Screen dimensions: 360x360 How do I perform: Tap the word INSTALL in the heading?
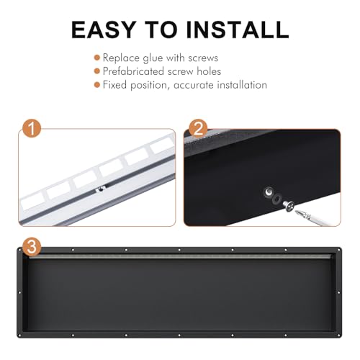pyautogui.click(x=238, y=30)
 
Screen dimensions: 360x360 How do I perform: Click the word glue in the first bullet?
pyautogui.click(x=153, y=58)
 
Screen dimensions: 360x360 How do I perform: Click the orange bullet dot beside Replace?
pyautogui.click(x=97, y=58)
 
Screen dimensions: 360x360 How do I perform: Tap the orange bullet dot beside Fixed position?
pyautogui.click(x=97, y=85)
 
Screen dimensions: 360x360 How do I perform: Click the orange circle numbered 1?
pyautogui.click(x=32, y=128)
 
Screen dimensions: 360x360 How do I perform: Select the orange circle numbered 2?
pyautogui.click(x=198, y=128)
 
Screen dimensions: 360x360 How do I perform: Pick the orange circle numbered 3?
pyautogui.click(x=32, y=247)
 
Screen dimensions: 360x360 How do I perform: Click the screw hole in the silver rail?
pyautogui.click(x=101, y=189)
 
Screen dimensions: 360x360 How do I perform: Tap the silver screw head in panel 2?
pyautogui.click(x=289, y=206)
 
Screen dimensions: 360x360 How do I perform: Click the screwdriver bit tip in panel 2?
pyautogui.click(x=296, y=211)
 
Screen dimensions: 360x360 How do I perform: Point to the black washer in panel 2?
pyautogui.click(x=276, y=198)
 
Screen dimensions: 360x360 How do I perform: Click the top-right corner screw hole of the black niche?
pyautogui.click(x=339, y=250)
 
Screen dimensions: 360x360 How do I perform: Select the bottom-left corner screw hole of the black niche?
pyautogui.click(x=19, y=335)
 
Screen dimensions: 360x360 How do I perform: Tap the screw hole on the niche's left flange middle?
pyautogui.click(x=19, y=292)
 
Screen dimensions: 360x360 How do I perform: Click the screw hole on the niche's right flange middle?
pyautogui.click(x=339, y=292)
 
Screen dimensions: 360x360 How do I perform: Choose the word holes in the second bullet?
pyautogui.click(x=209, y=71)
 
